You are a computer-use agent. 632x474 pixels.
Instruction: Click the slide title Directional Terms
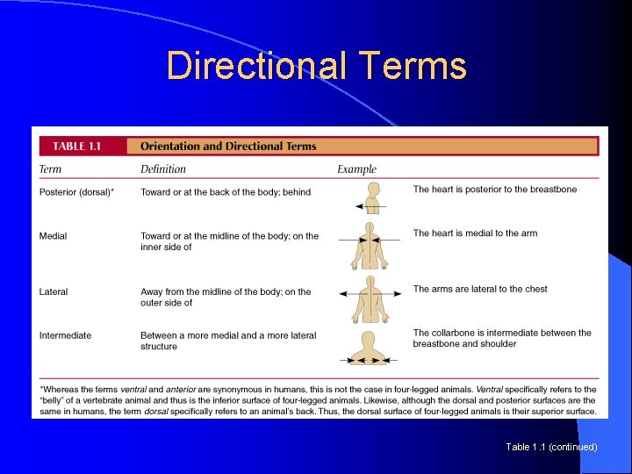(316, 66)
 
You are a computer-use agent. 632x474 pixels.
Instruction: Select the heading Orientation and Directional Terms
(229, 146)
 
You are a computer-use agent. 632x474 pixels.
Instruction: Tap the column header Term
(51, 169)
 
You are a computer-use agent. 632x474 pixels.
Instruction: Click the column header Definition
(163, 169)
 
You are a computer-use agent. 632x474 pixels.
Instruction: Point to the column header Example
(356, 169)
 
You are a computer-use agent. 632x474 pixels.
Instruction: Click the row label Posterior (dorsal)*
(76, 192)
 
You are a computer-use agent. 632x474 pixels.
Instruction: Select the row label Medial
(53, 236)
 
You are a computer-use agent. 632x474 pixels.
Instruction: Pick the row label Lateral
(54, 291)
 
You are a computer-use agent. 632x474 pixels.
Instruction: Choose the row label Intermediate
(65, 335)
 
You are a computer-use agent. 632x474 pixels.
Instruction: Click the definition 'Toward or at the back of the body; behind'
(226, 192)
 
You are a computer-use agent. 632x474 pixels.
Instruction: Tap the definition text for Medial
(229, 241)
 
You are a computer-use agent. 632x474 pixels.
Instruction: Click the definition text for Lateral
(226, 297)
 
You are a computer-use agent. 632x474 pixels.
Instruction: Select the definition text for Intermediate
(228, 341)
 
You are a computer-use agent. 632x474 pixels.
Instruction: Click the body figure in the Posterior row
(372, 198)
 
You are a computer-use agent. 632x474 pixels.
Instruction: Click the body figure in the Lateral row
(370, 298)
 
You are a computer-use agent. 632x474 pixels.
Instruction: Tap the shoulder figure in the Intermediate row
(370, 348)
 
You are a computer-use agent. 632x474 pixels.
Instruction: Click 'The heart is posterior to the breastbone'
(495, 190)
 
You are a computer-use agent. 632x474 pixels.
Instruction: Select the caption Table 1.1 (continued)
(551, 447)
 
